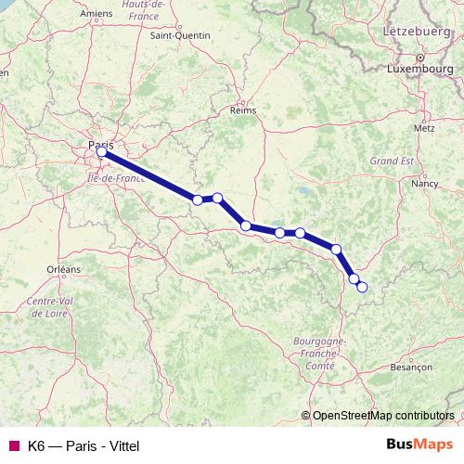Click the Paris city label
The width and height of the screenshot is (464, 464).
pyautogui.click(x=102, y=144)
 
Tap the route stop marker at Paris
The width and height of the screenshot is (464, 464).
pyautogui.click(x=102, y=152)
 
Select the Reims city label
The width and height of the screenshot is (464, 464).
pyautogui.click(x=242, y=110)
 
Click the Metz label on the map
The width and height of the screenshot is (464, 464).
pyautogui.click(x=424, y=127)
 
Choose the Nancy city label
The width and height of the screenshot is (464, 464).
pyautogui.click(x=425, y=184)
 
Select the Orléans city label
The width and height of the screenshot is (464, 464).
pyautogui.click(x=64, y=269)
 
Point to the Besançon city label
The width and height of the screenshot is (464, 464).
pyautogui.click(x=412, y=367)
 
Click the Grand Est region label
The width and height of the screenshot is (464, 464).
pyautogui.click(x=391, y=161)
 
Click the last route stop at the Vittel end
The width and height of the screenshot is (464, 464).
pyautogui.click(x=362, y=287)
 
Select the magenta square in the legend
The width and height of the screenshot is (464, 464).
pyautogui.click(x=13, y=445)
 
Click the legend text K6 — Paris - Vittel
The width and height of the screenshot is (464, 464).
pyautogui.click(x=84, y=445)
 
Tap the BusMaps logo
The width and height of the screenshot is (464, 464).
pyautogui.click(x=419, y=445)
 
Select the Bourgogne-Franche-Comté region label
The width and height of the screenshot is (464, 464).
pyautogui.click(x=320, y=354)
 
